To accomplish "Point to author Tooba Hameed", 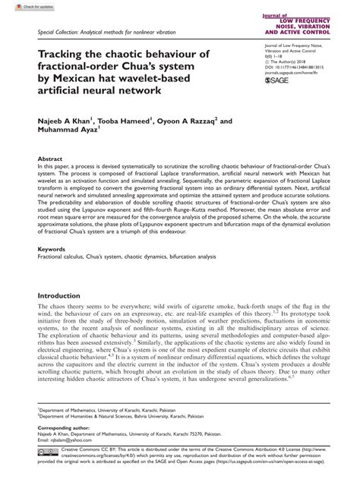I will (128, 119).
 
